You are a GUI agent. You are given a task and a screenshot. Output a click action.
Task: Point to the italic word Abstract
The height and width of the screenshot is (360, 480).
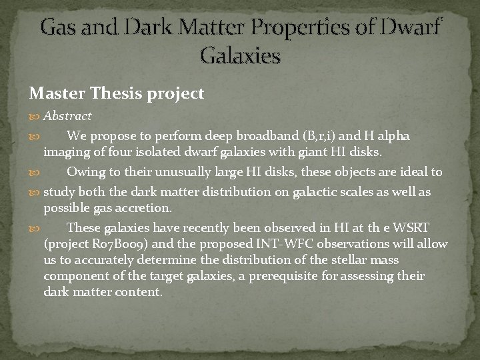67,116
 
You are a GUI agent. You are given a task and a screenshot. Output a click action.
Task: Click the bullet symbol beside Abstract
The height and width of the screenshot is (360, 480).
35,117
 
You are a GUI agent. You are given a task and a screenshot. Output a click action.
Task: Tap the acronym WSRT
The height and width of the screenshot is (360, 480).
417,228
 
